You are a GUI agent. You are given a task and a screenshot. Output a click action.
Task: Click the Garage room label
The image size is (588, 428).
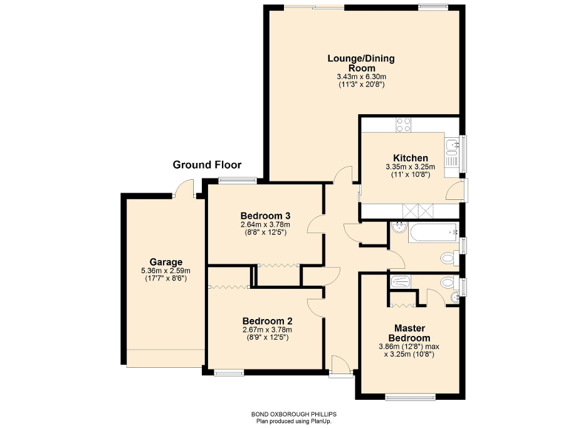click(x=165, y=262)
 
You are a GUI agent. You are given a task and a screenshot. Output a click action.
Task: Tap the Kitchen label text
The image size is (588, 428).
click(x=411, y=158)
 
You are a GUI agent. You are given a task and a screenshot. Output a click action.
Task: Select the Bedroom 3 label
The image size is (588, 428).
click(x=266, y=216)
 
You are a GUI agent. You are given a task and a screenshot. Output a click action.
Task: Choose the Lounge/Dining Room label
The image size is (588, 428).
click(x=361, y=63)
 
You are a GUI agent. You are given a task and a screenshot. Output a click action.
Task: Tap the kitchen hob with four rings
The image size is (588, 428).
click(x=403, y=124)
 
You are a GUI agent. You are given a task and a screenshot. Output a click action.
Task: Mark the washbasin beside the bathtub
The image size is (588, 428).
click(x=398, y=230)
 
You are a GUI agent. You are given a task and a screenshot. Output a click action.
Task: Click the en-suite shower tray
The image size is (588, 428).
click(x=402, y=283)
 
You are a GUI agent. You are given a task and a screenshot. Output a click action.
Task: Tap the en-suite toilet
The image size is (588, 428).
click(x=448, y=284)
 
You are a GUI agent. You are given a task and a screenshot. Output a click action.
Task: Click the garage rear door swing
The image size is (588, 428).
click(x=184, y=188)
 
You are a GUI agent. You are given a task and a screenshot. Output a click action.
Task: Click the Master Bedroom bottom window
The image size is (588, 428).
click(x=410, y=396)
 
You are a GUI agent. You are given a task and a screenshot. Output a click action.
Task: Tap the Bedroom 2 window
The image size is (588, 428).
click(x=229, y=373)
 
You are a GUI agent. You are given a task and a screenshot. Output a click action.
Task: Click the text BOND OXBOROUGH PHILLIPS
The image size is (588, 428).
click(x=293, y=415)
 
